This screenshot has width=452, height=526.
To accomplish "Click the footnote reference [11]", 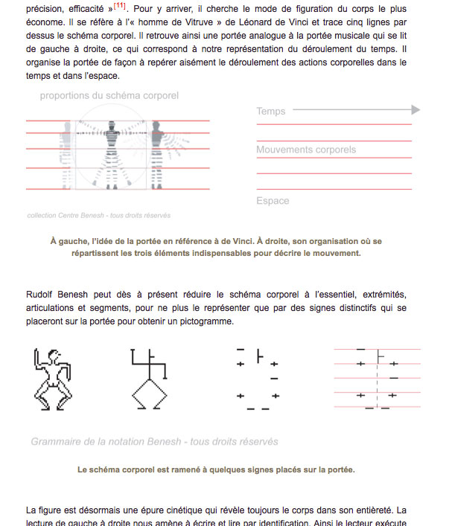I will [119, 6].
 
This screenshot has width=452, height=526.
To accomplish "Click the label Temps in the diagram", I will [271, 112].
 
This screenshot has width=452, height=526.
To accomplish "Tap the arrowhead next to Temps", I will [416, 110].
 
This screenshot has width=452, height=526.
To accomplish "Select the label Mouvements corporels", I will [306, 150].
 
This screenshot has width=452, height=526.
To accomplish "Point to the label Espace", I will [273, 201].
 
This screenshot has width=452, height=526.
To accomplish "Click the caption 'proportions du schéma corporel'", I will [109, 96].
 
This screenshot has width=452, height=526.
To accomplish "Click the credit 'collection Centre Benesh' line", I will [98, 216].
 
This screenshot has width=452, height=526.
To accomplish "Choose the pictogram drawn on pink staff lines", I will [377, 378].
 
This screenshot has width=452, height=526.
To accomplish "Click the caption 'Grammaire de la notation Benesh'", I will [154, 441].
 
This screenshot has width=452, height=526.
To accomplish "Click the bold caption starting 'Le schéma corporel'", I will [216, 469].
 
